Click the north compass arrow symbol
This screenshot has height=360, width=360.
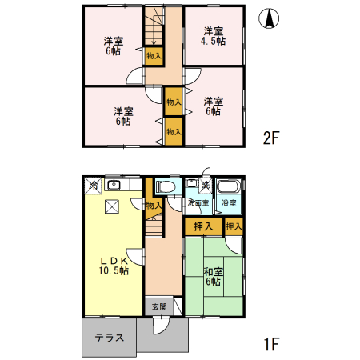tap(272, 19)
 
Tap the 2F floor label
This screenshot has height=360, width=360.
tap(271, 138)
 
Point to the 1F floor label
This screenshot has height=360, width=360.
tap(271, 346)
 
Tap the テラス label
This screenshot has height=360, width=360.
tap(109, 338)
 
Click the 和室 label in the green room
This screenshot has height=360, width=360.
tap(213, 272)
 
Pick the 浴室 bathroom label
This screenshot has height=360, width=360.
tap(229, 203)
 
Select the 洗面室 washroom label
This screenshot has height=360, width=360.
tap(198, 203)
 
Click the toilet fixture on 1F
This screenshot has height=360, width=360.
tap(166, 186)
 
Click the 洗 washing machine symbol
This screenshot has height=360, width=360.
tap(205, 186)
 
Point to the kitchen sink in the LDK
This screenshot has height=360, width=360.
tap(114, 186)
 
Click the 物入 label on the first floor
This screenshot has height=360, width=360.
tap(154, 206)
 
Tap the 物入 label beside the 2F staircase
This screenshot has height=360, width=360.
tap(154, 55)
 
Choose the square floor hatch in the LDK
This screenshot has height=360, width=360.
tap(111, 206)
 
